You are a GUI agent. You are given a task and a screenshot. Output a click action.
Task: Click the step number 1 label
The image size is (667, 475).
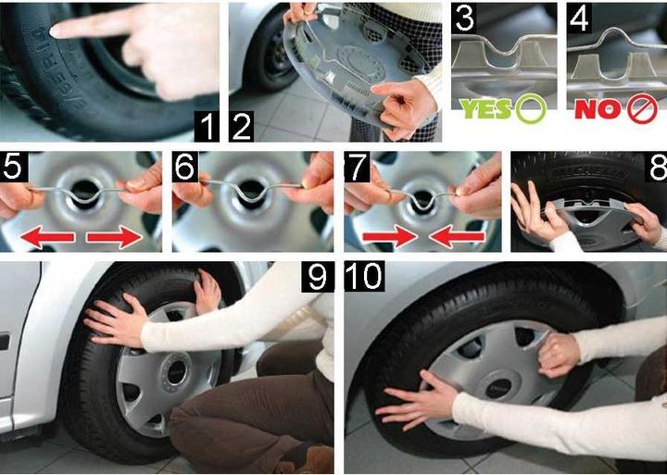point(207,126)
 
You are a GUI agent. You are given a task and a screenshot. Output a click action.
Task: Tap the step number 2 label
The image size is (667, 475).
point(241,126)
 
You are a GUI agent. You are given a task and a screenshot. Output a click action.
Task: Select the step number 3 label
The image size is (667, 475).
point(464,18)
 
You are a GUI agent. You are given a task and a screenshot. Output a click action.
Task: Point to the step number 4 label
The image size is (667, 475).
point(579,18)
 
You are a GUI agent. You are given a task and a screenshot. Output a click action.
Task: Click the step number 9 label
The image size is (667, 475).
point(318,277)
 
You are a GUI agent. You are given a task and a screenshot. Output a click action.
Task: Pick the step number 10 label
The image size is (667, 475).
point(364,277)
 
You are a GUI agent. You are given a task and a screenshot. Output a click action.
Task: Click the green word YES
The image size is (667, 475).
point(485,109)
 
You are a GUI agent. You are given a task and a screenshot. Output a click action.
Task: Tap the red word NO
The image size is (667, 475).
point(599,109)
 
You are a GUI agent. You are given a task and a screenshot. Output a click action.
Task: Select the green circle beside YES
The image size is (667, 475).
point(531,108)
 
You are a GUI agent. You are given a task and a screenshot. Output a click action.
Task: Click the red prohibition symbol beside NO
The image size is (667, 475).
point(643,108)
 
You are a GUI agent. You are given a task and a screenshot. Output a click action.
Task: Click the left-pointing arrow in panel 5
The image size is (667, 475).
point(47,237)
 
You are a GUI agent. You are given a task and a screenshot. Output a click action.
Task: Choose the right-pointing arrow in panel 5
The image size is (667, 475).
point(115,237)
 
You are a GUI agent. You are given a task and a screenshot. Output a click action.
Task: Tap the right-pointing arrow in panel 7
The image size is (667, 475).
point(390,237)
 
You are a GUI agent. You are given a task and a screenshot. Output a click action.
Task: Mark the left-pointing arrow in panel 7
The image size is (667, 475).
point(457,237)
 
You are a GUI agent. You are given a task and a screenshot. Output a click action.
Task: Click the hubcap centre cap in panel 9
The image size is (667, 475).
point(176,373)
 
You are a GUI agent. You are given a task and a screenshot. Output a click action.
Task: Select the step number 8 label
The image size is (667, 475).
point(656,167)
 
